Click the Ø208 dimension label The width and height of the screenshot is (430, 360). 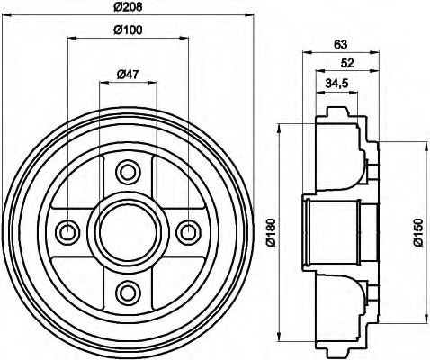[129, 9]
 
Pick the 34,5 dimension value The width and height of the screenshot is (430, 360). [338, 83]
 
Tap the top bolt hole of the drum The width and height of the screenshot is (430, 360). [128, 171]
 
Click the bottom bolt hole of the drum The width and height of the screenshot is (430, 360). [128, 291]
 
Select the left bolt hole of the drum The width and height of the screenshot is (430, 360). [68, 231]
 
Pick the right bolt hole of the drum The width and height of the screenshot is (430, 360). [188, 231]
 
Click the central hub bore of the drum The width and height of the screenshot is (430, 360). [128, 231]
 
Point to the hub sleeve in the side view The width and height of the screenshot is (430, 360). [333, 230]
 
